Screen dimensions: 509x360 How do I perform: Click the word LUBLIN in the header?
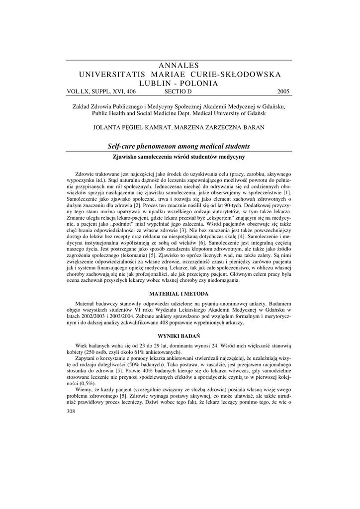tap(158, 83)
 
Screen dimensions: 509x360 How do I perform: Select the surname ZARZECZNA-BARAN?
tap(232, 127)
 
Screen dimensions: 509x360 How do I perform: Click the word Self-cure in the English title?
tap(123, 146)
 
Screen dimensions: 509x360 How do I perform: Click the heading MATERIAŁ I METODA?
tap(180, 294)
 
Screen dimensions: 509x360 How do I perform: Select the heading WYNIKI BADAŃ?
tap(180, 337)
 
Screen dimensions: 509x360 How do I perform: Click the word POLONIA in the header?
tap(199, 83)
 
